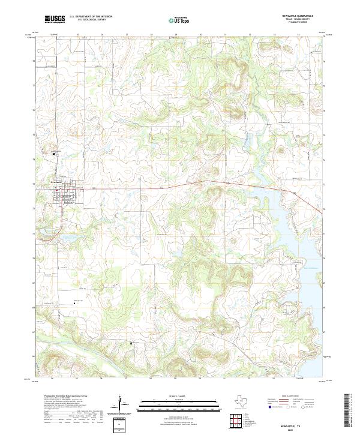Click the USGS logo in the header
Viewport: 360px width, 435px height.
(x=55, y=20)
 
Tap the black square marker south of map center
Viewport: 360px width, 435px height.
(x=131, y=343)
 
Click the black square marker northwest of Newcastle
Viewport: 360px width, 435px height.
(x=54, y=153)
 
